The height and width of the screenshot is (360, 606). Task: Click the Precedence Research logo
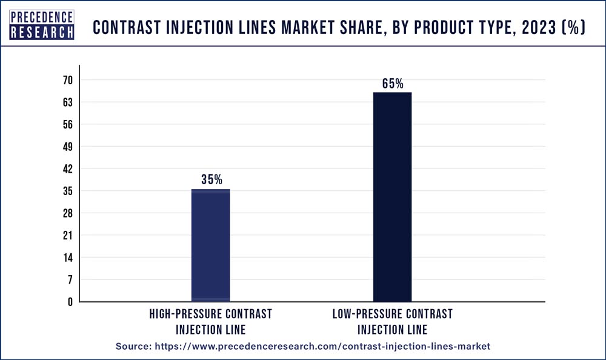(42, 25)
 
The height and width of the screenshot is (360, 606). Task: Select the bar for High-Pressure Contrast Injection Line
(210, 245)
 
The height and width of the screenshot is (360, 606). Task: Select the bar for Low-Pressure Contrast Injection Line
(392, 197)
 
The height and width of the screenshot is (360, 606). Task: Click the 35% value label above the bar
(211, 180)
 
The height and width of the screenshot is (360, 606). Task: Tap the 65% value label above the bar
(393, 84)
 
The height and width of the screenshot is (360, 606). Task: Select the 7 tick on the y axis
(70, 279)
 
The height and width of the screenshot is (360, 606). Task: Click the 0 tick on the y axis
(70, 302)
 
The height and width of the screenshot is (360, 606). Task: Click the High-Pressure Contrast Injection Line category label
(210, 322)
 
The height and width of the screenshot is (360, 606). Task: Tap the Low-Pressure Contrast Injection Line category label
(392, 322)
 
